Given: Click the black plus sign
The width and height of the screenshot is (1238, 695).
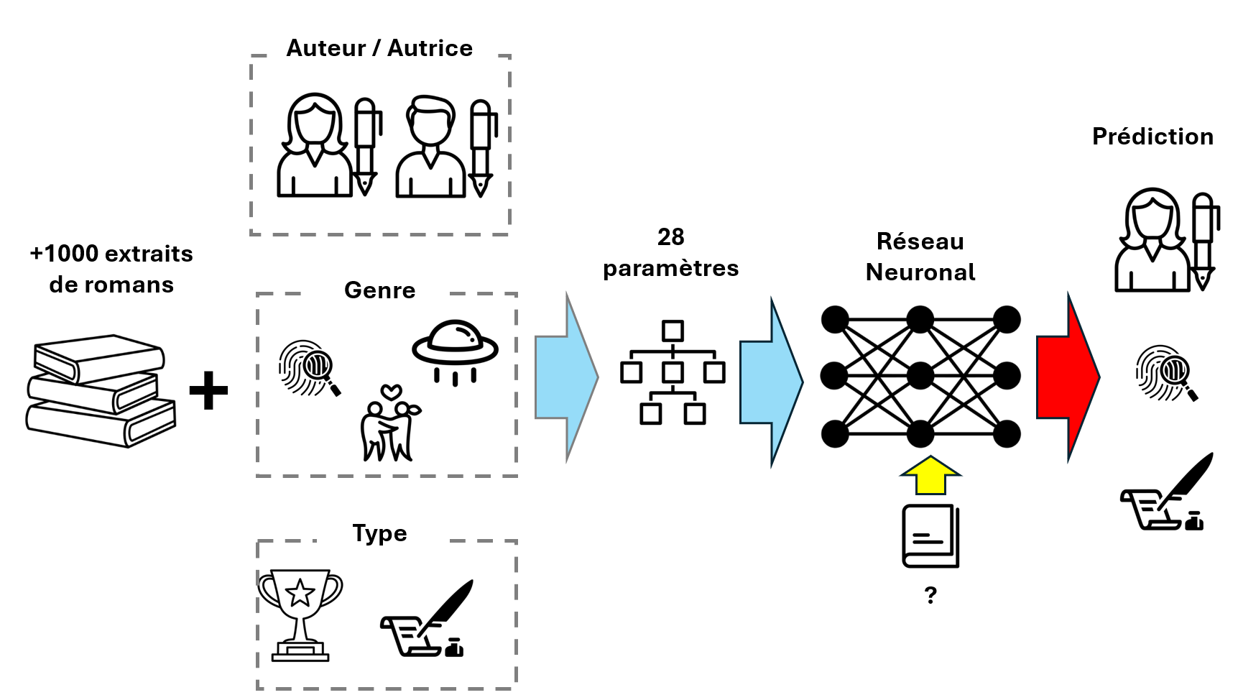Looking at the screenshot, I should pyautogui.click(x=208, y=391).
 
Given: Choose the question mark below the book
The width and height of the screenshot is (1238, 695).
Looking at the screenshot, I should pyautogui.click(x=930, y=595).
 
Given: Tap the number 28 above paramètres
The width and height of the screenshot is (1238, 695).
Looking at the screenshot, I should pyautogui.click(x=670, y=237).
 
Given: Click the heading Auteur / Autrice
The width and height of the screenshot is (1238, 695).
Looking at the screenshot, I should pyautogui.click(x=379, y=48).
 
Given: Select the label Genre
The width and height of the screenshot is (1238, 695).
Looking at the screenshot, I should pyautogui.click(x=379, y=290).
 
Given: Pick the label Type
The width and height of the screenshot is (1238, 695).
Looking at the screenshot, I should pyautogui.click(x=379, y=533).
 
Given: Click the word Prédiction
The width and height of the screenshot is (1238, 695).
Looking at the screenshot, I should pyautogui.click(x=1152, y=137).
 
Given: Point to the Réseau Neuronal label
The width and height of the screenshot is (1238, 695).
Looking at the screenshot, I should pyautogui.click(x=920, y=257).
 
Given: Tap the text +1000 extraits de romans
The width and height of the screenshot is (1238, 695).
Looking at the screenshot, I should pyautogui.click(x=111, y=269).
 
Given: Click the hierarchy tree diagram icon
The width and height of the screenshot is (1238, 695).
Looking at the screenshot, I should pyautogui.click(x=673, y=372).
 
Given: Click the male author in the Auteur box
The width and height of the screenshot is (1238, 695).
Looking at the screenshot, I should pyautogui.click(x=430, y=147).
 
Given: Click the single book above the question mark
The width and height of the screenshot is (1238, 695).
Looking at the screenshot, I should pyautogui.click(x=930, y=535).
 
